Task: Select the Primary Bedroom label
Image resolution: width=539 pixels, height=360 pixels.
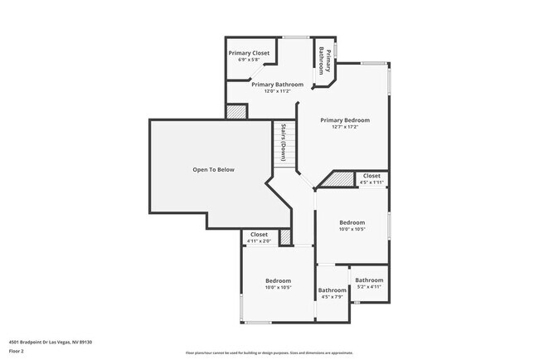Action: click(345, 120)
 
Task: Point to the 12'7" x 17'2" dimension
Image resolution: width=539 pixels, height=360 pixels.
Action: click(345, 127)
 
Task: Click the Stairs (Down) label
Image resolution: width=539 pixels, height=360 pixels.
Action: click(283, 143)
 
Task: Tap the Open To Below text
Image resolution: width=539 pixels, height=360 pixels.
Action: click(214, 169)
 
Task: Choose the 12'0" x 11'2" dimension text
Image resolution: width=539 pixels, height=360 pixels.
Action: click(278, 91)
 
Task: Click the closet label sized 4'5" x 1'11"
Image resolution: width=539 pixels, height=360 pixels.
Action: click(371, 176)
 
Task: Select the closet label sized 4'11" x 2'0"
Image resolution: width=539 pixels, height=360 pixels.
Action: click(260, 234)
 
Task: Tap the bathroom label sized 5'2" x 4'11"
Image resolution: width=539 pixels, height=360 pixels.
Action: click(369, 280)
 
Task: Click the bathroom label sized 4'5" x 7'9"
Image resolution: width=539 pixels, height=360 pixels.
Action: click(332, 290)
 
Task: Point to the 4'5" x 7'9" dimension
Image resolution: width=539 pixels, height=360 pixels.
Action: click(332, 297)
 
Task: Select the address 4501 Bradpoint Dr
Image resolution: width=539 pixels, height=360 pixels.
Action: click(51, 342)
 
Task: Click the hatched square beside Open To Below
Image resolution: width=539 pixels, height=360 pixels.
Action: click(237, 111)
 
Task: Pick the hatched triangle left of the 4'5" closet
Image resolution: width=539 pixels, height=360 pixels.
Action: click(340, 179)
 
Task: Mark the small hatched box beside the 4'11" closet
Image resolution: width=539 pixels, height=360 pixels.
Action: click(286, 237)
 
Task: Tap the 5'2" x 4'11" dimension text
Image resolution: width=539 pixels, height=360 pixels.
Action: click(369, 287)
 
